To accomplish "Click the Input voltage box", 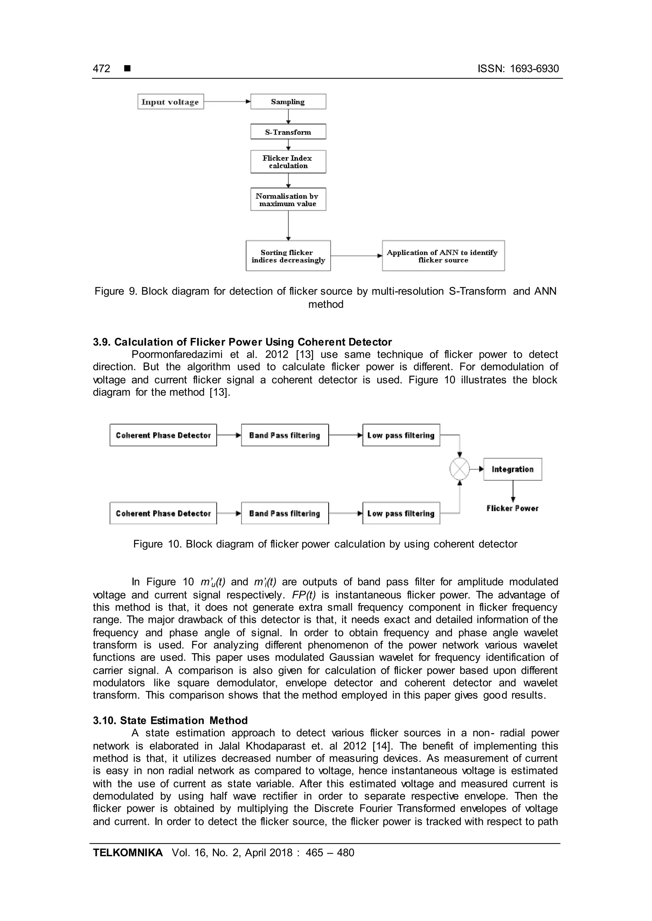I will point(171,101).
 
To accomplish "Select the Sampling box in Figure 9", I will point(288,101).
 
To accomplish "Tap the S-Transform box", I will point(288,132).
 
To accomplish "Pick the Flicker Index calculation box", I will point(288,162).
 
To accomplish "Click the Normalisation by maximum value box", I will point(288,199).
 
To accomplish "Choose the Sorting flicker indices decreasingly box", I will point(288,256).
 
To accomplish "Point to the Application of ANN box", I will point(443,256).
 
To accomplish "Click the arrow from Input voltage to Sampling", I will point(227,102).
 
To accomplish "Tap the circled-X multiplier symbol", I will point(459,469).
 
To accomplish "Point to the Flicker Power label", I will point(512,508).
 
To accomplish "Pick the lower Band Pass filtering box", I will point(285,513).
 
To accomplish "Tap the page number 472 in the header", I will point(101,69).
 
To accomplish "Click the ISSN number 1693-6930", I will point(534,69).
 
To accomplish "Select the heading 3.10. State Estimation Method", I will point(170,720).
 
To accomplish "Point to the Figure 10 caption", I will point(325,544).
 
